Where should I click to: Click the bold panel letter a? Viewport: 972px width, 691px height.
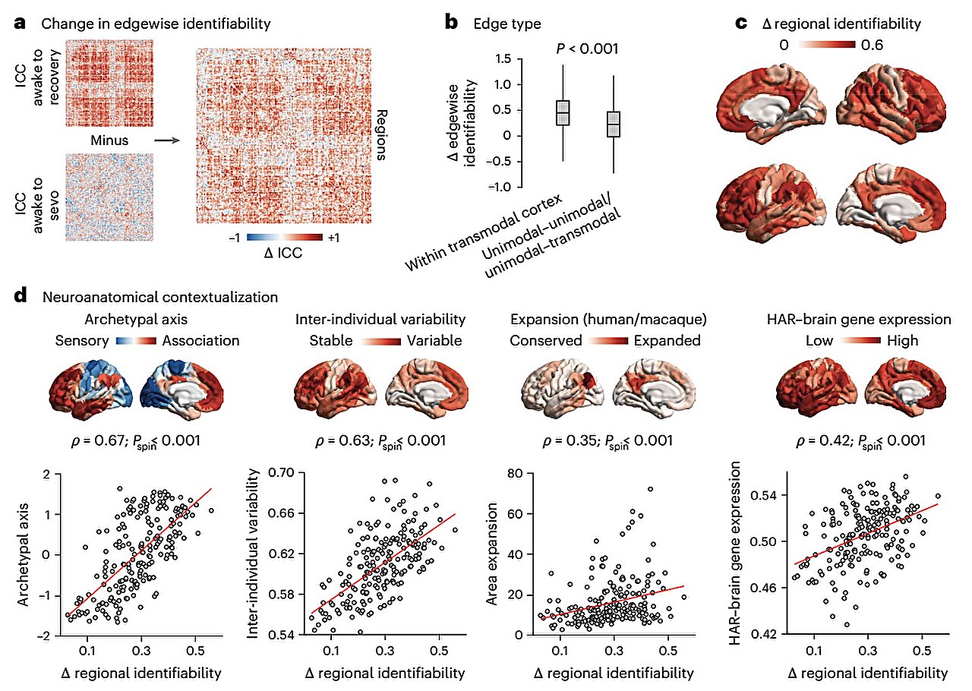click(x=22, y=23)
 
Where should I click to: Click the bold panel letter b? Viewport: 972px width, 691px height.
click(x=451, y=23)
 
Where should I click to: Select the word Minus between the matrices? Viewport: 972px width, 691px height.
click(x=110, y=140)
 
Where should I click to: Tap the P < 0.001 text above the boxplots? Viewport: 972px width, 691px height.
click(x=587, y=49)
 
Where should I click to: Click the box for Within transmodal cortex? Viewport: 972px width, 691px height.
click(x=563, y=112)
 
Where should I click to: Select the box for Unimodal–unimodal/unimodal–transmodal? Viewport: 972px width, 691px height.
click(x=614, y=124)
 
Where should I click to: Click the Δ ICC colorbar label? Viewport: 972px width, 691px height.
click(x=282, y=253)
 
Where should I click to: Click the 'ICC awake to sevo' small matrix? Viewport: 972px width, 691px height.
click(x=110, y=197)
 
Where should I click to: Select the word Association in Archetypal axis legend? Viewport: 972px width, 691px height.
click(x=200, y=340)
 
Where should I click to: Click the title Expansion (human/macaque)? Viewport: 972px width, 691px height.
click(x=604, y=319)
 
